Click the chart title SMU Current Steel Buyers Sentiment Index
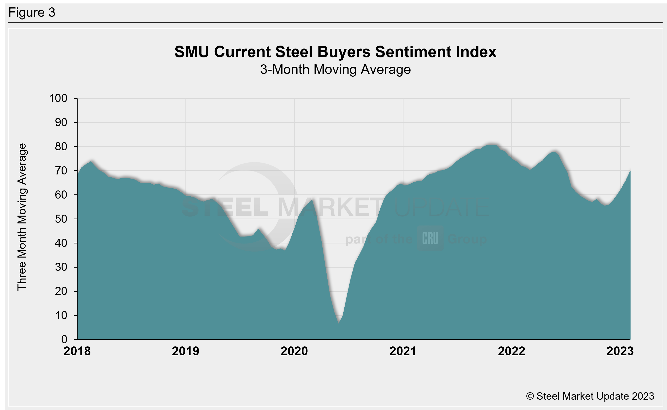[335, 52]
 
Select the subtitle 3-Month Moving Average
[335, 69]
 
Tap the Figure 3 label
[32, 13]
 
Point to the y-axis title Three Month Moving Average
[22, 217]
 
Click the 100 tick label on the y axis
[58, 98]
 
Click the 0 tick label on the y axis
[64, 339]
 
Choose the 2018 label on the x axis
[77, 351]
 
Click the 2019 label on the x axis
[186, 351]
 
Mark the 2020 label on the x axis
[294, 351]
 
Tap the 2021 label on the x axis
[403, 351]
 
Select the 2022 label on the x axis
[511, 351]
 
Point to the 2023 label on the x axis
[620, 351]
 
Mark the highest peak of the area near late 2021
[489, 145]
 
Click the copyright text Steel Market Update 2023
[590, 396]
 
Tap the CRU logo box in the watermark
[430, 238]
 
